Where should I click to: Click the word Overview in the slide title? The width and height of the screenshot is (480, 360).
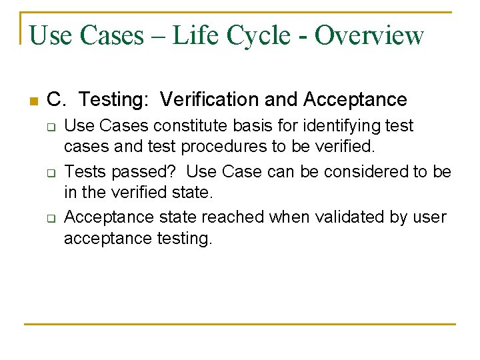pos(369,35)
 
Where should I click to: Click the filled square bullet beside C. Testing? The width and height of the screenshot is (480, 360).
pos(31,101)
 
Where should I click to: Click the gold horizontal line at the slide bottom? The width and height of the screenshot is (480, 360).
pos(239,324)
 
